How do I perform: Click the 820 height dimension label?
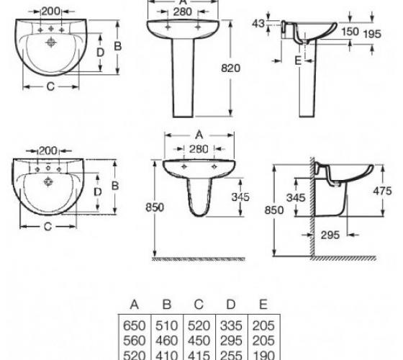(230, 68)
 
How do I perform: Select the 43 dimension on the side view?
(258, 23)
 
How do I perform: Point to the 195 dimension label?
(372, 34)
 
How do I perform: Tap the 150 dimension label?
(350, 32)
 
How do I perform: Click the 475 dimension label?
(382, 191)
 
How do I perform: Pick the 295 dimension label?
(330, 235)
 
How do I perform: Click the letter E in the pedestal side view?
(298, 60)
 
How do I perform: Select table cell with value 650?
(134, 325)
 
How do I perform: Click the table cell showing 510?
(166, 325)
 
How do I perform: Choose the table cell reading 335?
(231, 325)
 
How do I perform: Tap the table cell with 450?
(199, 341)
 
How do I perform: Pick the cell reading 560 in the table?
(134, 341)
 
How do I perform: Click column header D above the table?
(231, 305)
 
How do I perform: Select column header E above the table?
(263, 304)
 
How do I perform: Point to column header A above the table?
(135, 305)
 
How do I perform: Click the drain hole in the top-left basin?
(51, 42)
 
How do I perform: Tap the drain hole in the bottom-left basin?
(48, 181)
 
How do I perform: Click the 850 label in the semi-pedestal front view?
(155, 207)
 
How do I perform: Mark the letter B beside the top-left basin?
(118, 46)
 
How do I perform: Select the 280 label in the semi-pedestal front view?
(199, 149)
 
